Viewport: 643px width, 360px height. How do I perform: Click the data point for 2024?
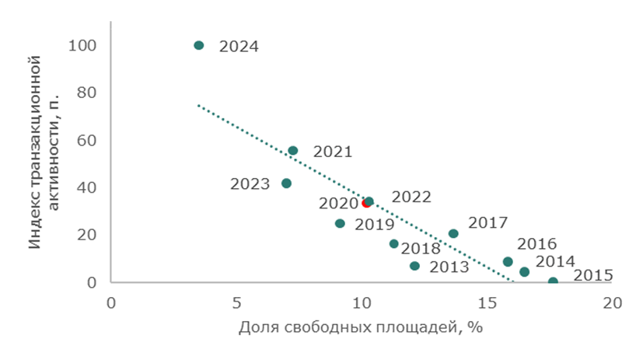tap(198, 45)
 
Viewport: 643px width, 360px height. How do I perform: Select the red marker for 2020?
tap(365, 203)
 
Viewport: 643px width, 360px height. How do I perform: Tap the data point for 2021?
tap(292, 151)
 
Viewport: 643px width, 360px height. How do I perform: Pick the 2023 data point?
tap(286, 183)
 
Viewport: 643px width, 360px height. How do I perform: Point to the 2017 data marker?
tap(453, 233)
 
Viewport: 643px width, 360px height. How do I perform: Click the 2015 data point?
tap(553, 281)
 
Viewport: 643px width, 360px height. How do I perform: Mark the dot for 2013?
tap(414, 266)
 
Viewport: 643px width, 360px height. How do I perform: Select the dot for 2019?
tap(340, 224)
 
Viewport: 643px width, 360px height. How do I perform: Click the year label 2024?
tap(239, 46)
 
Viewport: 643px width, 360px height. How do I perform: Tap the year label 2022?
tap(411, 197)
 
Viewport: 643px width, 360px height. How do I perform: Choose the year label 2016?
tap(537, 243)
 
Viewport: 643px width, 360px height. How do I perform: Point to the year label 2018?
tap(421, 249)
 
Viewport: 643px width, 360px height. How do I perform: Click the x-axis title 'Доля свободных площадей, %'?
tap(361, 327)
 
